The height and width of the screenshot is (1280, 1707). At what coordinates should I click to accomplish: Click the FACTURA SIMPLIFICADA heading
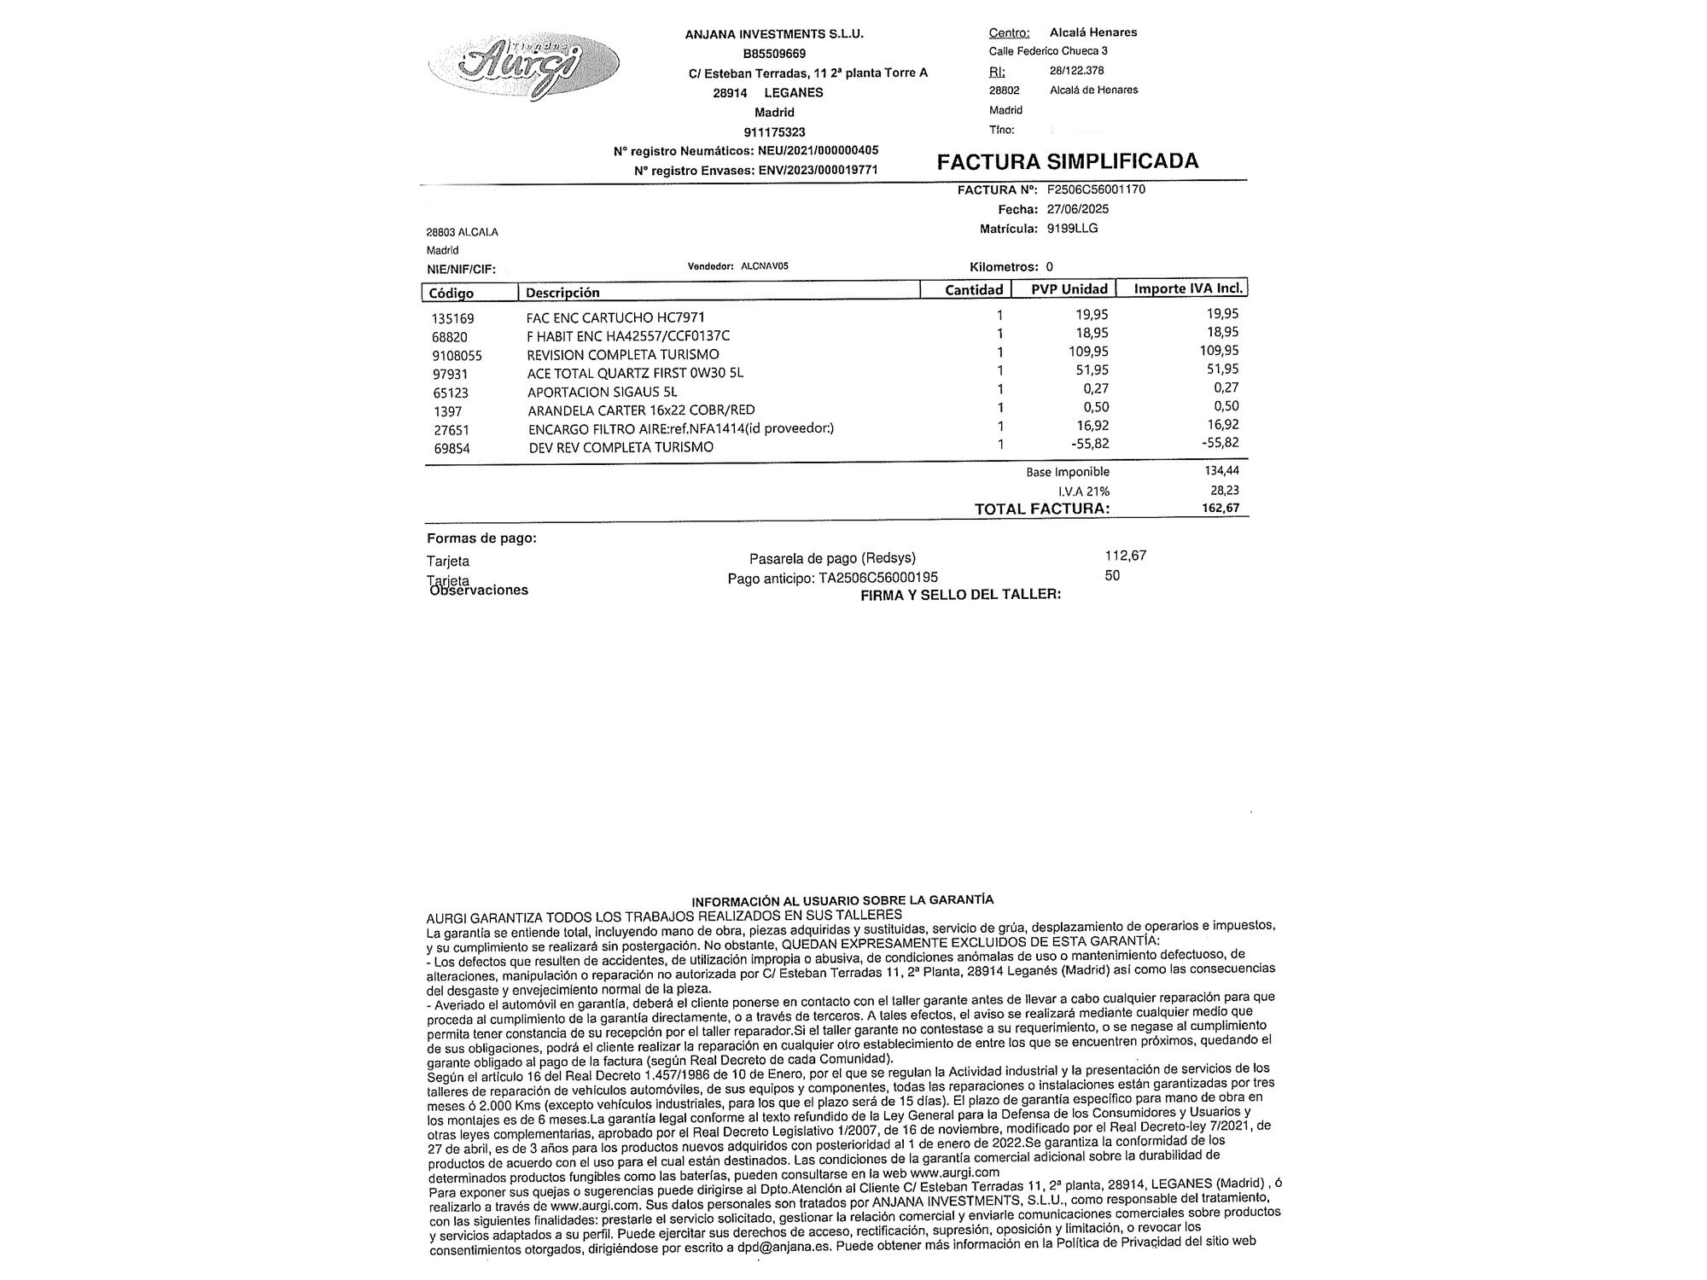pos(1067,161)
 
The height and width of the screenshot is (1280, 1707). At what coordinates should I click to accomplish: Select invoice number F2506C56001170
pos(1096,189)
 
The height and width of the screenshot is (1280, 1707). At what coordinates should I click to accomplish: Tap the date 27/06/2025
pos(1078,209)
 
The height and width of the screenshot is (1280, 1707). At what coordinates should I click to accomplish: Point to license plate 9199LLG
pos(1072,229)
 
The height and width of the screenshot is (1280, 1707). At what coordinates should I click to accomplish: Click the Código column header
pos(452,293)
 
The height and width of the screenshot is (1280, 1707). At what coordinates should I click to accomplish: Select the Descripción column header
pos(562,293)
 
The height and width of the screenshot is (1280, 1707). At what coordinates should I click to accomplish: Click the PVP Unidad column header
pos(1069,289)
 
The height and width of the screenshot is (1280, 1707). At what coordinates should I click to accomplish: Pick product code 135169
pos(452,318)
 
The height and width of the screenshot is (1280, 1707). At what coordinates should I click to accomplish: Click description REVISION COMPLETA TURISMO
pos(623,355)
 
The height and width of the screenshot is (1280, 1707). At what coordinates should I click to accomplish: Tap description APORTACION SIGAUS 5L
pos(602,393)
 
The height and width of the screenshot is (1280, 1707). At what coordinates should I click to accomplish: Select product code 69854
pos(452,449)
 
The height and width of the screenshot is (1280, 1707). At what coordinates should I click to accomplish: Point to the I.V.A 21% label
pos(1084,492)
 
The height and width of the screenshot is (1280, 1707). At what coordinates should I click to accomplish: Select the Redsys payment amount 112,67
pos(1125,556)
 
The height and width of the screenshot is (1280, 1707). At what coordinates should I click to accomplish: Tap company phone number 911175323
pos(774,132)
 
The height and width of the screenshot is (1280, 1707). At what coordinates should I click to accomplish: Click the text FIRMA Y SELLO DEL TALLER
pos(960,595)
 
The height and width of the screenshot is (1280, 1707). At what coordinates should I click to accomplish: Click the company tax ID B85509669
pos(774,53)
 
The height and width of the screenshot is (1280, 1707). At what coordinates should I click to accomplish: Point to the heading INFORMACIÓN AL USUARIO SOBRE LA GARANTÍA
pos(842,900)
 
